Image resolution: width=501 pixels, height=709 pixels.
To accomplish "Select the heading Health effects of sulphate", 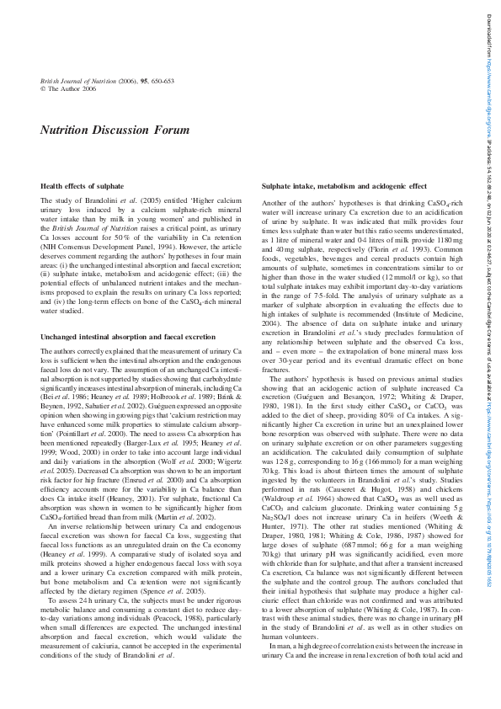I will coord(83,185).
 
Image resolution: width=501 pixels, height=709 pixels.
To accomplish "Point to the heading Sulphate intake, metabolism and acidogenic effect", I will coord(344,185).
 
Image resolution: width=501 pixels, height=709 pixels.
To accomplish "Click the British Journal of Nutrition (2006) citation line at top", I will coord(107,81).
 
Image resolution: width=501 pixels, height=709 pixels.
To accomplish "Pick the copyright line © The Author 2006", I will coord(68,88).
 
